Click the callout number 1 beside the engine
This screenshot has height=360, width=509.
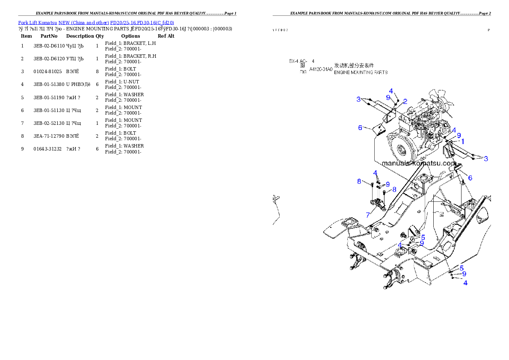click(x=462, y=141)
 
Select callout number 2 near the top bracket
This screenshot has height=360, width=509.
click(x=405, y=101)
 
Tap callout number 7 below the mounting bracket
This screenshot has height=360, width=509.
click(x=368, y=215)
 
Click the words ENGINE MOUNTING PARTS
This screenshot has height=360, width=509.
click(x=361, y=73)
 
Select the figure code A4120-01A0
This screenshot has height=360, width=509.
click(x=320, y=69)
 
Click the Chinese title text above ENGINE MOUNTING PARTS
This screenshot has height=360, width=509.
click(x=354, y=65)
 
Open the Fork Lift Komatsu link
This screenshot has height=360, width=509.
click(x=37, y=22)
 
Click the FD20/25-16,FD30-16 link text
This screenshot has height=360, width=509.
click(x=142, y=22)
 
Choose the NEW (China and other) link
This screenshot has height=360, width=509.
click(x=83, y=22)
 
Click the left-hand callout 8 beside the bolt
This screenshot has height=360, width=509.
click(x=359, y=181)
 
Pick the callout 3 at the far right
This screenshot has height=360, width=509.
click(x=485, y=159)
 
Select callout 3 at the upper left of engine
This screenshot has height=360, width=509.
click(x=358, y=100)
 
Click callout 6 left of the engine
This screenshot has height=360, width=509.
click(x=360, y=127)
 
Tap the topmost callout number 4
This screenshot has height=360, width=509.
click(x=391, y=91)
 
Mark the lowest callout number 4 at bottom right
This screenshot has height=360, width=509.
click(x=465, y=283)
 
